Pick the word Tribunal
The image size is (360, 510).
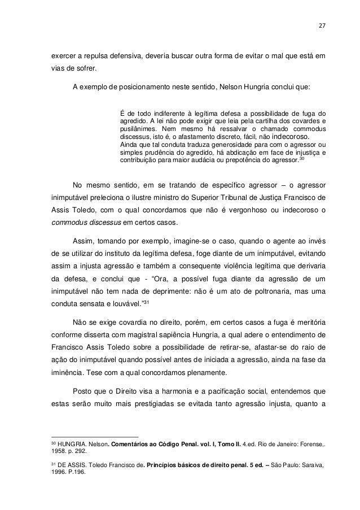[x=238, y=199]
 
